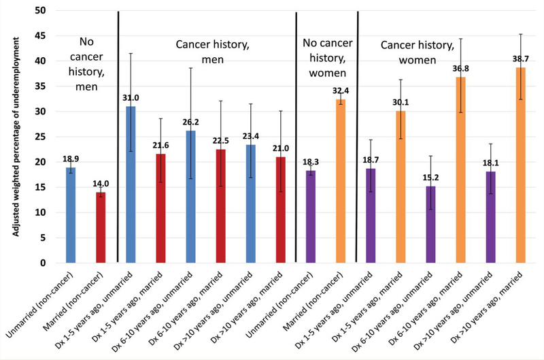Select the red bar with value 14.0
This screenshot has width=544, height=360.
click(101, 227)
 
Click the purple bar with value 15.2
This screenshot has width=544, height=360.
click(430, 225)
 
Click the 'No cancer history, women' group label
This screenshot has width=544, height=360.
click(326, 59)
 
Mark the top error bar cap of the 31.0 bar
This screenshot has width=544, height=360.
click(131, 53)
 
